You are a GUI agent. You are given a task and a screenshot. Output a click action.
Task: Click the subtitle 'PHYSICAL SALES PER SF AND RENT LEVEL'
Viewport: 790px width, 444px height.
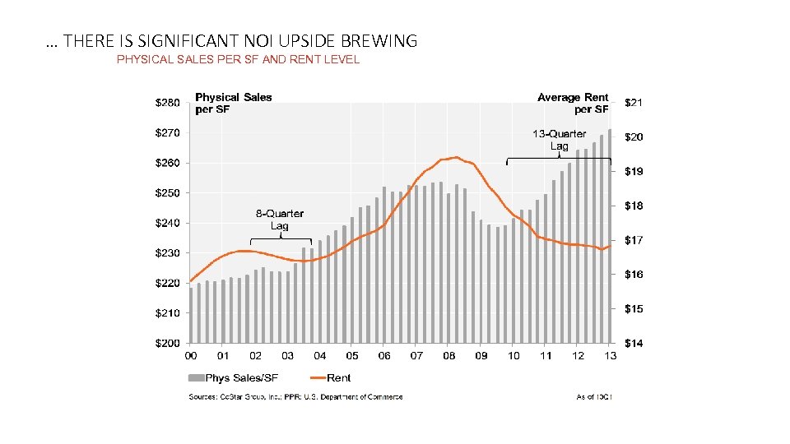coord(238,59)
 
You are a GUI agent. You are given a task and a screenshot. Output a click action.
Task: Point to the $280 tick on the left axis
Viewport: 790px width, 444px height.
coord(168,103)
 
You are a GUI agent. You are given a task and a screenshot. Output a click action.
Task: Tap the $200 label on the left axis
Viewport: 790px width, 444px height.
coord(168,343)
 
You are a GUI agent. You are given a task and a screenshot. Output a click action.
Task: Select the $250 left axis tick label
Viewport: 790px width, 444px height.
coord(168,192)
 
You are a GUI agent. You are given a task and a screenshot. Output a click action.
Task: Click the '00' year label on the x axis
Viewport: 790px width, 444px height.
coord(191,356)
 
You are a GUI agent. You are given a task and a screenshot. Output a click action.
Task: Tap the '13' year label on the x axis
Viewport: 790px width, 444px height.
coord(610,356)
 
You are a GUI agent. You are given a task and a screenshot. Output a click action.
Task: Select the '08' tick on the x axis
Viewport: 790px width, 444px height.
coord(449,356)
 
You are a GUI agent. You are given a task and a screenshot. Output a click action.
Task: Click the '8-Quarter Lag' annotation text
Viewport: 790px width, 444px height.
coord(279,220)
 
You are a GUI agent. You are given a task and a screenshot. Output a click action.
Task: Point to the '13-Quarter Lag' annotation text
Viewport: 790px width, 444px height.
coord(559,140)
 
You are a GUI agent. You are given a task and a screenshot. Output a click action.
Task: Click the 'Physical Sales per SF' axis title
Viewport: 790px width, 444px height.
coord(233,103)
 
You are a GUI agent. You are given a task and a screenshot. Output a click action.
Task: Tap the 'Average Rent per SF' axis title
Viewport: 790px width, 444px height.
coord(573,103)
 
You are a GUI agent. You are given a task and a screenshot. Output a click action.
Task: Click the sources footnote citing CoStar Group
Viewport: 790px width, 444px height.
coord(296,397)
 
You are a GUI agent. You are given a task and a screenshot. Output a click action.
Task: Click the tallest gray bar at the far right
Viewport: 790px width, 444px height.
coord(610,235)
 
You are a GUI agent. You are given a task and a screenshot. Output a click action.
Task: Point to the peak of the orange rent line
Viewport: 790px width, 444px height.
coord(455,157)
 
